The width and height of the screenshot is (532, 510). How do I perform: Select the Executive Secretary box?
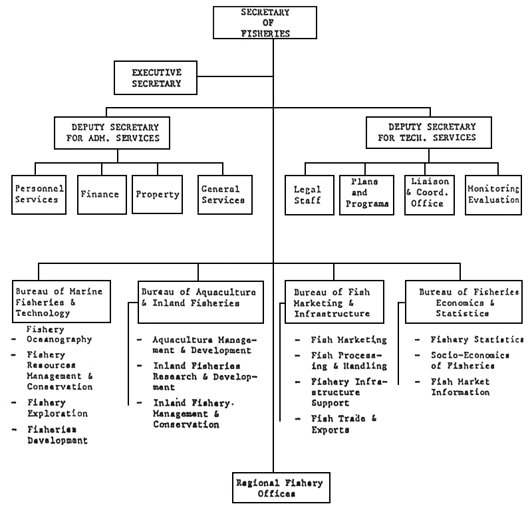[156, 77]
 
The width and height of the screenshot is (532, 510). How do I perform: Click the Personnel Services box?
[39, 194]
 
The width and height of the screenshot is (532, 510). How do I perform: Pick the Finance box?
[100, 194]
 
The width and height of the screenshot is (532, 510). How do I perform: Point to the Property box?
[158, 194]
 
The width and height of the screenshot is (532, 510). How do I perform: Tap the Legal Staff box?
[307, 194]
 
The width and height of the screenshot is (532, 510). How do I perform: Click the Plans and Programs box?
[366, 194]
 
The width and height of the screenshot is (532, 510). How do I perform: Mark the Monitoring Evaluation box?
[493, 194]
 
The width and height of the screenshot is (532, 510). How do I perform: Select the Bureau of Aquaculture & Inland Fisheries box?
[198, 297]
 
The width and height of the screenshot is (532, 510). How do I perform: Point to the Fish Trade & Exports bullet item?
[344, 424]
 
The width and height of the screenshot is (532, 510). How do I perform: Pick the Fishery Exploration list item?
[57, 408]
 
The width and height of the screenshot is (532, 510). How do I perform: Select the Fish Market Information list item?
[460, 387]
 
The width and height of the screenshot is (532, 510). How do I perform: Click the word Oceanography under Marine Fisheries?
[59, 339]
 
